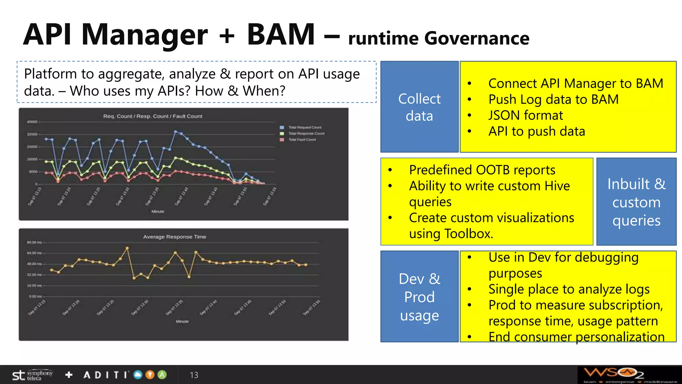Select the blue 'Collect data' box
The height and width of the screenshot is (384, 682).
coord(419,107)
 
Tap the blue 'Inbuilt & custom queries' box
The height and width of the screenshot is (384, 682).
coord(636,202)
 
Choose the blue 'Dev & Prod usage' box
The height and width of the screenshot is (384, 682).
coord(419,296)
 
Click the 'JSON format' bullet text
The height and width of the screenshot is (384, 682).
coord(525,115)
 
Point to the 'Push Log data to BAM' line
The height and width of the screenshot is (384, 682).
coord(553,99)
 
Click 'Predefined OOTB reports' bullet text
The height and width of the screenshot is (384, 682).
coord(482,170)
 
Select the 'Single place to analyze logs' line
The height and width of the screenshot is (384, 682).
coord(569,289)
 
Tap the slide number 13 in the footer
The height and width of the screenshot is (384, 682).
coord(194,375)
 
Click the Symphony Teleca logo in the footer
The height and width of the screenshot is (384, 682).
coord(32,375)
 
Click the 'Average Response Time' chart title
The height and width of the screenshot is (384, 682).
coord(174,237)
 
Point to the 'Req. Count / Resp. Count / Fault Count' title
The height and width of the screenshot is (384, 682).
coord(153,116)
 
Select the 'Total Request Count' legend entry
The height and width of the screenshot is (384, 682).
coord(304,127)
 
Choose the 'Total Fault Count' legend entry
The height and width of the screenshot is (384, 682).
coord(302,140)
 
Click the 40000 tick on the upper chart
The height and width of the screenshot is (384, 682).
coord(32,122)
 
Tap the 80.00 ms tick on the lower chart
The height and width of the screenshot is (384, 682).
coord(34,242)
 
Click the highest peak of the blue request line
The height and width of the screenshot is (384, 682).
coord(175,132)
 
